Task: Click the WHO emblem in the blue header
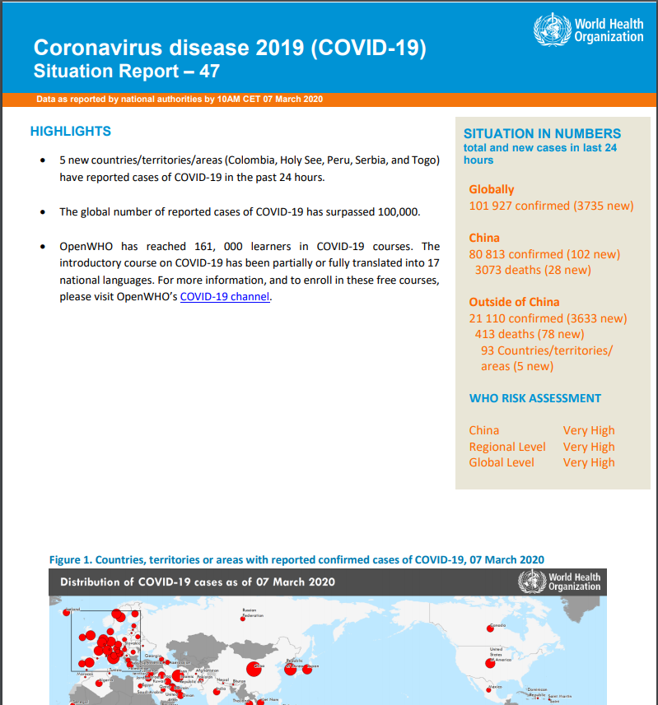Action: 552,30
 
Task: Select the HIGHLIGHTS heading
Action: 70,132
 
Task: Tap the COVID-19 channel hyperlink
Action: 225,297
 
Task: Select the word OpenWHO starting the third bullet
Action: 86,246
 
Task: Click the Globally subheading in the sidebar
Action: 491,189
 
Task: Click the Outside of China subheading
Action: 514,302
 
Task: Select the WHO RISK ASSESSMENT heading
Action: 535,398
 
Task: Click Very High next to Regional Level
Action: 589,447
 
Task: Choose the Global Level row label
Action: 502,462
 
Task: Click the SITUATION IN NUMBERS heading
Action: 542,133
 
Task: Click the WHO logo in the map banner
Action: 530,582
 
